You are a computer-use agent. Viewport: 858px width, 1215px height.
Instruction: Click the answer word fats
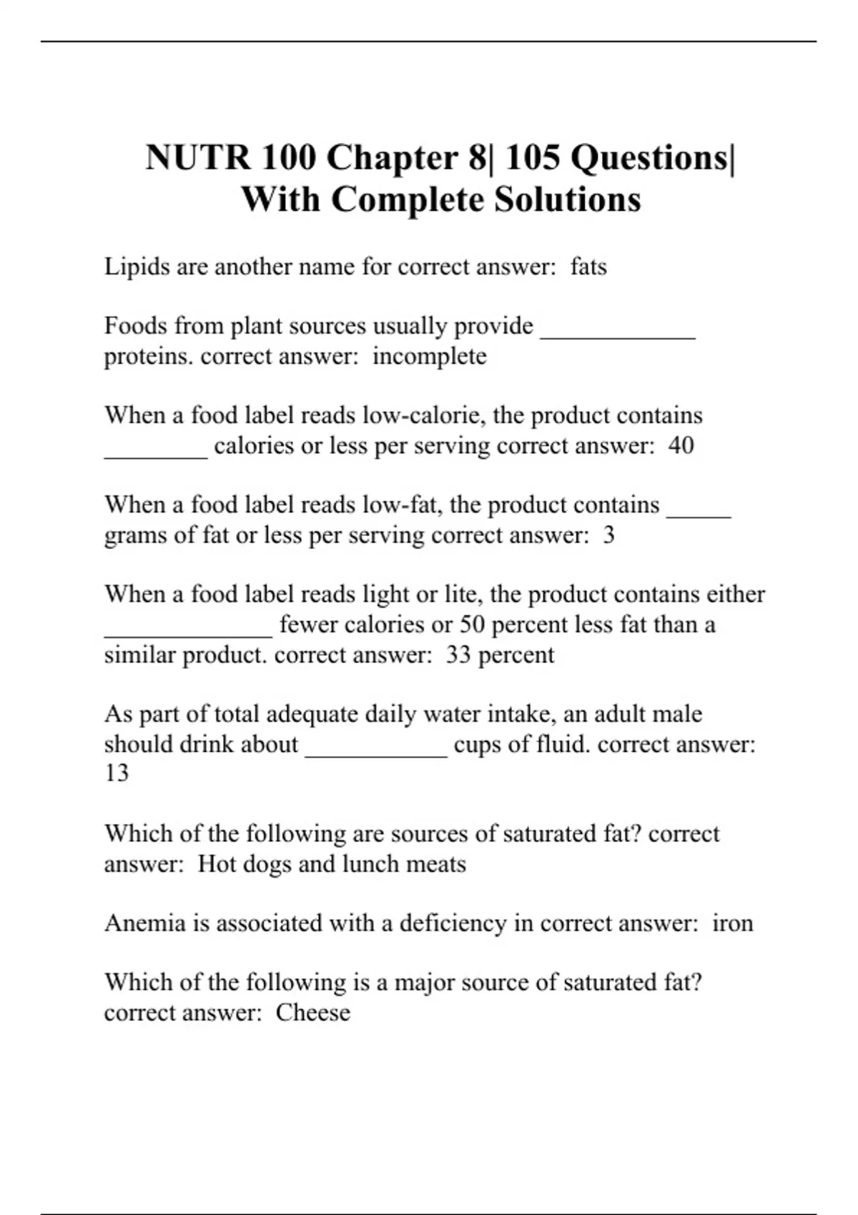[588, 267]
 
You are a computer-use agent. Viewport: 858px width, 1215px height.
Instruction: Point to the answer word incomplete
[429, 357]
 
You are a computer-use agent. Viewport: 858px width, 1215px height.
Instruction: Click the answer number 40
[681, 446]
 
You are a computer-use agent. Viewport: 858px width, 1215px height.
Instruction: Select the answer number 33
[458, 655]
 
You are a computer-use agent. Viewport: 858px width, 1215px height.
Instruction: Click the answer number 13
[117, 773]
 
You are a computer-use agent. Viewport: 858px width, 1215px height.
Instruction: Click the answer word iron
[733, 923]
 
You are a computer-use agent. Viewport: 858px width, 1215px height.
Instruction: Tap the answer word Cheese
[313, 1013]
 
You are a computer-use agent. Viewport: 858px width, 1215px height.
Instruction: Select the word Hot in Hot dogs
[217, 864]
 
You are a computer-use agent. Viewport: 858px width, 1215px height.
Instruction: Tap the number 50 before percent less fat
[472, 625]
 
